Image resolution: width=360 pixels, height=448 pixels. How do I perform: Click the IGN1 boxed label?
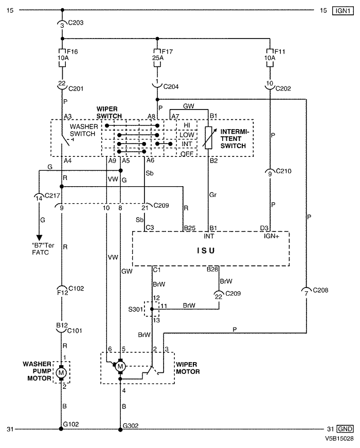click(341, 10)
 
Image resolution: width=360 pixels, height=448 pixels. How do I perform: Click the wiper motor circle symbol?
click(120, 366)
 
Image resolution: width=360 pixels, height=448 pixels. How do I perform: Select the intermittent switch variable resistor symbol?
click(208, 138)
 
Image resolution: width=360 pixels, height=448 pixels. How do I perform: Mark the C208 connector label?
click(320, 292)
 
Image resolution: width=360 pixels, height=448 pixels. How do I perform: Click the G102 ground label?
click(72, 425)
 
